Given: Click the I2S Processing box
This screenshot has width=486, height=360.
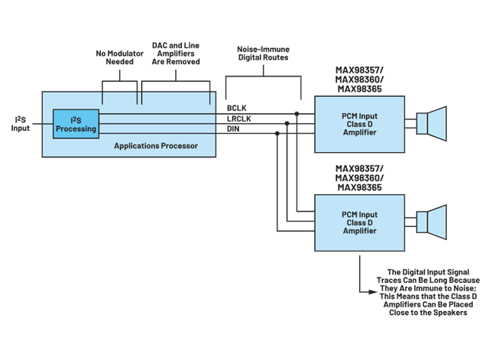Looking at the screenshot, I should [x=76, y=125].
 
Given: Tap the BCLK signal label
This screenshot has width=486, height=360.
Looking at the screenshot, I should [x=235, y=107].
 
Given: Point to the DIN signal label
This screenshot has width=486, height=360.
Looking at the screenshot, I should [x=233, y=131].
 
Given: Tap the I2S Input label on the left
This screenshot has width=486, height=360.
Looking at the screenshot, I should [x=20, y=124].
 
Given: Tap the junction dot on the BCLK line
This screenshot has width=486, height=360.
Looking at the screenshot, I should [x=297, y=115].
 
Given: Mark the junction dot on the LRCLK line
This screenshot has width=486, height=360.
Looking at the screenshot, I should [x=287, y=122].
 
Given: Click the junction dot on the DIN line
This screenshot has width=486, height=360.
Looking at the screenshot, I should [x=277, y=132].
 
